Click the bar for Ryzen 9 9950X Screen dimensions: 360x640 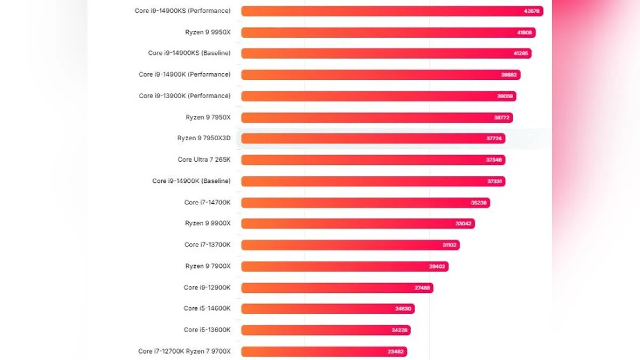[x=388, y=33]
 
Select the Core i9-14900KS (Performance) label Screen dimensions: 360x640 [x=182, y=11]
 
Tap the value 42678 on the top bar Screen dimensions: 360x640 [x=532, y=11]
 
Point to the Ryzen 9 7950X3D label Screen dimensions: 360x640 [x=204, y=138]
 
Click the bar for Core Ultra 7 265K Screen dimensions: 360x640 [x=373, y=159]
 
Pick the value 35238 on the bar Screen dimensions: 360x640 [x=478, y=203]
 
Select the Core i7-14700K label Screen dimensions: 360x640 [x=207, y=202]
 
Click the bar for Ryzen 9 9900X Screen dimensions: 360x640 [x=358, y=223]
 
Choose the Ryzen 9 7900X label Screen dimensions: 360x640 [x=208, y=266]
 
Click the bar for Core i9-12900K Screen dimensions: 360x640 [x=337, y=287]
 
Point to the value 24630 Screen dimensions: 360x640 [x=403, y=309]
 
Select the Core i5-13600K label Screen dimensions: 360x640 [x=207, y=330]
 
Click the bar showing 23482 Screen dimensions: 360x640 [x=324, y=351]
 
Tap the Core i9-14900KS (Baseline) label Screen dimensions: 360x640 [x=189, y=53]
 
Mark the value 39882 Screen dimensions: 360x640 [x=509, y=75]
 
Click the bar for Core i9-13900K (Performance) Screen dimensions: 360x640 [x=379, y=96]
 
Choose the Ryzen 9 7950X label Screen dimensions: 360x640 [x=208, y=117]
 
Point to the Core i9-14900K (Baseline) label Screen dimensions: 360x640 [x=191, y=181]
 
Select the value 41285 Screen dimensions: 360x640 [x=520, y=53]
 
